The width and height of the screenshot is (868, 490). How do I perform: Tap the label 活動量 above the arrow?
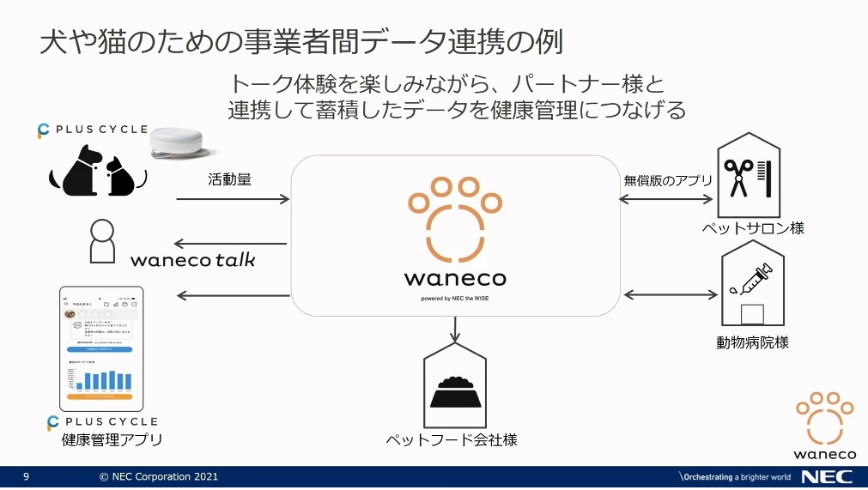coord(228,180)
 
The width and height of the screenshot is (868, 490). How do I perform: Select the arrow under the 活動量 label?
coord(233,200)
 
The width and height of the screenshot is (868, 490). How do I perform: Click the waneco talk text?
coord(193,258)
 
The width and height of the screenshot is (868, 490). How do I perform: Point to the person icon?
coord(102,241)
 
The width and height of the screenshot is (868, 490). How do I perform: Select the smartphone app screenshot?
coord(101,348)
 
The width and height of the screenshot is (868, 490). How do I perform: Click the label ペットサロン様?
coord(753,228)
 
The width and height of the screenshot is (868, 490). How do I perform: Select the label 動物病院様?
coord(752,342)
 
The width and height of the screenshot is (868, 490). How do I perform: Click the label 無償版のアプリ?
coord(667,180)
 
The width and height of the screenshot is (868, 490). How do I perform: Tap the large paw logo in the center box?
coord(455,219)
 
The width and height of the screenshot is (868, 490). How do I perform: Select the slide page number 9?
coord(26,476)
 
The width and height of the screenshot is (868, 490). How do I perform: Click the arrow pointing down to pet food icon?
coord(455,329)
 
